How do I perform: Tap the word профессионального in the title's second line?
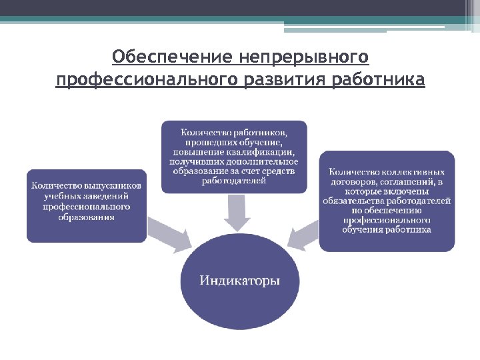(x=146, y=81)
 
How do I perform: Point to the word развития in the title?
(x=283, y=81)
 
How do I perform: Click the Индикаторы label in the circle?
(x=240, y=281)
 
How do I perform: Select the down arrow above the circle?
(x=237, y=212)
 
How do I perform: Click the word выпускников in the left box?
(x=112, y=185)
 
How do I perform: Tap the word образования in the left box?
(x=86, y=217)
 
